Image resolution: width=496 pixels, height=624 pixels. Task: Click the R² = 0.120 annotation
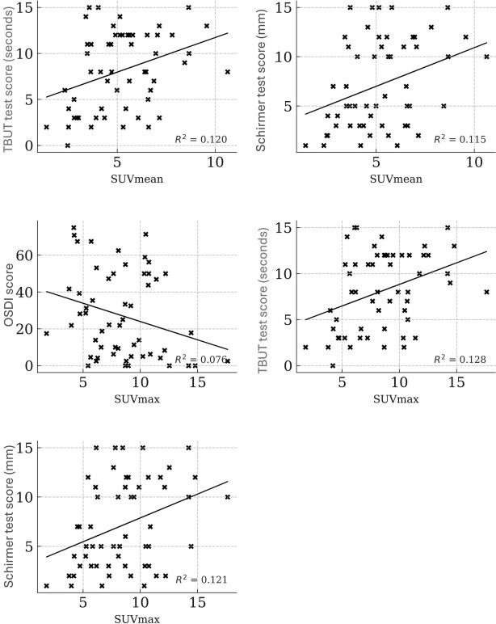(x=202, y=139)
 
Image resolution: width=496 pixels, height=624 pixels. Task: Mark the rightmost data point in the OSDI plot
(x=228, y=360)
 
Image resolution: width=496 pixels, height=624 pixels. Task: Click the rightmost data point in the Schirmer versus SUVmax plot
(x=228, y=497)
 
